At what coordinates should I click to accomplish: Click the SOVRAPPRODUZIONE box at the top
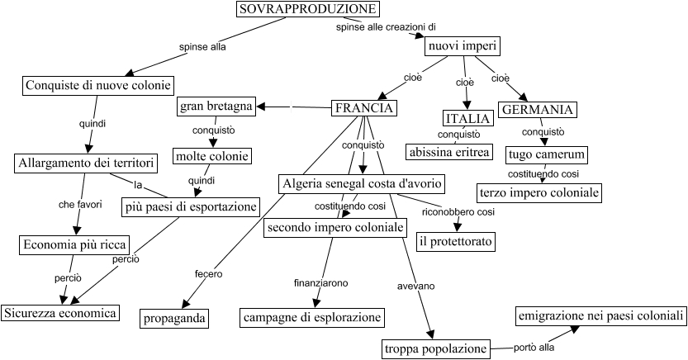pos(307,9)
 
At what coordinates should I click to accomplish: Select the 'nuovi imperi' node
pos(460,47)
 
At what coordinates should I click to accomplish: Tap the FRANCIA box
pos(363,108)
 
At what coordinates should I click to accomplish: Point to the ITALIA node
pos(467,118)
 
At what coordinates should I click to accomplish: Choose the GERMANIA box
pos(538,109)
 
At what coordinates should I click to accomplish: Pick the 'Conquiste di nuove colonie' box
pos(97,85)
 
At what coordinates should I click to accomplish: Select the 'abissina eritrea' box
pos(449,152)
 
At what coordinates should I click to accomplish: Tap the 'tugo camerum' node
pos(547,154)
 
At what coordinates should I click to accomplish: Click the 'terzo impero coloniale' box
pos(538,192)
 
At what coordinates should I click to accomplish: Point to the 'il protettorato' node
pos(455,241)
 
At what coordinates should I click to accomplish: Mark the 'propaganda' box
pos(173,318)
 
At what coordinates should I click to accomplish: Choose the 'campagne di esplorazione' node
pos(312,317)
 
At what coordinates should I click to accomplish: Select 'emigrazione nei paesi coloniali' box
pos(601,316)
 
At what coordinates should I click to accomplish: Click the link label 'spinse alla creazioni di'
pos(385,27)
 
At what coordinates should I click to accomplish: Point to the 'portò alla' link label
pos(534,348)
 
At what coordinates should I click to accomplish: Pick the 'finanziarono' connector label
pos(320,282)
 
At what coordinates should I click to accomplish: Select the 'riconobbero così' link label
pos(458,212)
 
